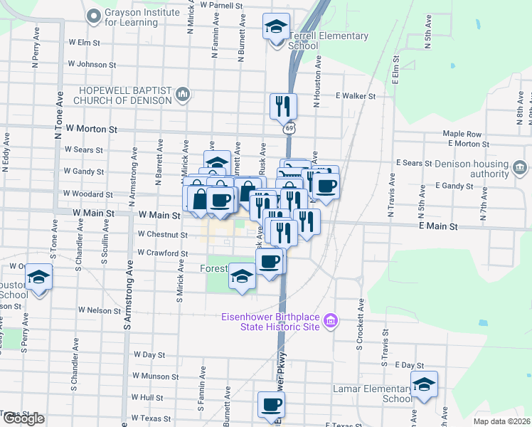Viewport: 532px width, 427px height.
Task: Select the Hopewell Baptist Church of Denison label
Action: (x=127, y=95)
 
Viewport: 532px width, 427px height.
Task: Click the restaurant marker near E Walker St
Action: (x=283, y=106)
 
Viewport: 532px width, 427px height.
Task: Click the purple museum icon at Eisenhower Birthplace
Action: (x=329, y=322)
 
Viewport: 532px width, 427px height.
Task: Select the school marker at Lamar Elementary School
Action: (x=424, y=386)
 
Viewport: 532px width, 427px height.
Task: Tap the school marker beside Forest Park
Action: (x=242, y=277)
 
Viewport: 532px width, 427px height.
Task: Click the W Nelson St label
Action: (x=100, y=310)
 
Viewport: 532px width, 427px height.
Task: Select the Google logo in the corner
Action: (x=24, y=418)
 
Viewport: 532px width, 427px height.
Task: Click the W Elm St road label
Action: (x=84, y=43)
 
